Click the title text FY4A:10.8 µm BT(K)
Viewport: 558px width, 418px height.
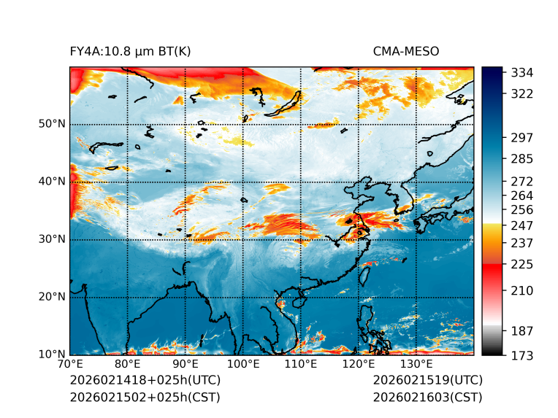(130, 51)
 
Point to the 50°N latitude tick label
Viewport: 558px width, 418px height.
(52, 124)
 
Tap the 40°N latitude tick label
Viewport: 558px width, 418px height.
(52, 182)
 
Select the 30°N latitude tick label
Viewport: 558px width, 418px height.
(52, 239)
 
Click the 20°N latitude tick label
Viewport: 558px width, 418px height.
(52, 297)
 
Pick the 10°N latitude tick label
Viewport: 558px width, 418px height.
(52, 355)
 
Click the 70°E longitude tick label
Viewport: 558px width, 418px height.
(70, 365)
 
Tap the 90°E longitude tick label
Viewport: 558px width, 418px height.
(186, 365)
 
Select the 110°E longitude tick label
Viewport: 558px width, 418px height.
(300, 365)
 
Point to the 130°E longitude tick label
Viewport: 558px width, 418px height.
(416, 365)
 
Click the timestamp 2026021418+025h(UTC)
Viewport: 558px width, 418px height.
(145, 381)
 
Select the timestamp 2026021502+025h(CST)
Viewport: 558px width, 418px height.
(145, 398)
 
